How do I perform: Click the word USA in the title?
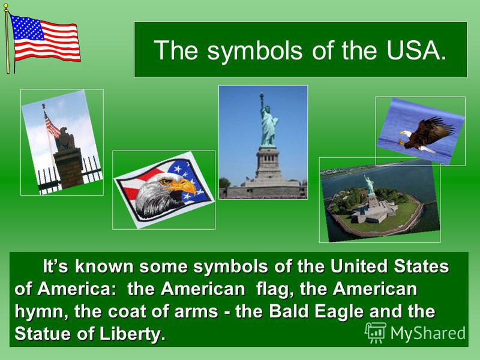pos(416,50)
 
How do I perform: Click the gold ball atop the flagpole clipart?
pos(6,6)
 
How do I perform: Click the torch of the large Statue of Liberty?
pos(262,95)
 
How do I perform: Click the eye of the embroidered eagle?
pos(166,182)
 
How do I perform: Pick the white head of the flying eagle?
pos(406,134)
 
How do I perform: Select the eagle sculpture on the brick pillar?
pos(65,139)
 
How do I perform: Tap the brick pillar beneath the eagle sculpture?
pos(69,168)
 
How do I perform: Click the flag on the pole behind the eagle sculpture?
pos(52,125)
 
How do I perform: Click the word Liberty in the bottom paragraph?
pos(132,334)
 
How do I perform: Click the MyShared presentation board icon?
pos(375,332)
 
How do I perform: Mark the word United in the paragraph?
pos(359,266)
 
